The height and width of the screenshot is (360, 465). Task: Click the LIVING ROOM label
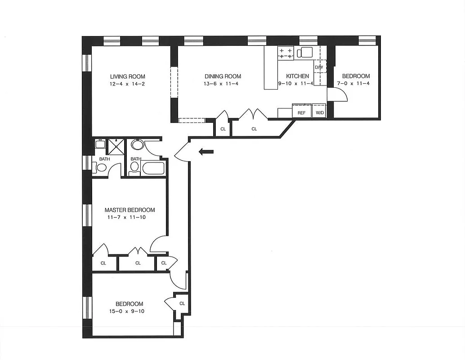128,76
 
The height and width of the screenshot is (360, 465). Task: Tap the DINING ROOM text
223,76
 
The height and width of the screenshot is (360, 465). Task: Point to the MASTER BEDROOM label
130,210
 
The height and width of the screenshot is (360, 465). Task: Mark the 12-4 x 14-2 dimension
128,84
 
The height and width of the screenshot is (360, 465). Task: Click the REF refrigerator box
301,112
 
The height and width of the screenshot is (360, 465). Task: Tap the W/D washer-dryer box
320,112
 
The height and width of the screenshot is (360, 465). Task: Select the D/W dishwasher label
319,67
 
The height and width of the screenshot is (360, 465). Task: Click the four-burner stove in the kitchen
286,53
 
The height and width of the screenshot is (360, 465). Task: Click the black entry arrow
206,153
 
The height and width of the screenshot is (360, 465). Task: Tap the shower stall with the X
116,147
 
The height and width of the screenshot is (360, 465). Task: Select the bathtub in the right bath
153,169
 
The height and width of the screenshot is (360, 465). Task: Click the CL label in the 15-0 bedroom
182,304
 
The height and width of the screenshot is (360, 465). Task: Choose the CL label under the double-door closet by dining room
254,129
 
